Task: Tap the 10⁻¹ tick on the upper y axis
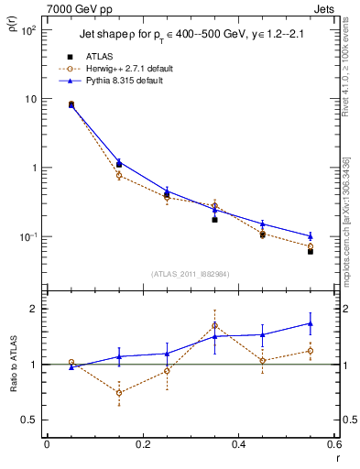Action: coord(27,237)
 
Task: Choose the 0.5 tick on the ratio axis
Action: coord(30,420)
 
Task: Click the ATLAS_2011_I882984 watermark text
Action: coord(190,273)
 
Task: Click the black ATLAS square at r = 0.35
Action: coord(214,220)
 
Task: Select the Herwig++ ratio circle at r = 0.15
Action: coord(119,392)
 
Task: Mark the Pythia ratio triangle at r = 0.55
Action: coord(311,323)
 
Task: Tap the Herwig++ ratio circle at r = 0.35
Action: coord(214,325)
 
